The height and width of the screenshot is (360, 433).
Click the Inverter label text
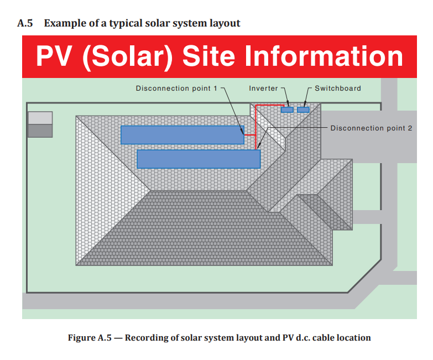coord(263,88)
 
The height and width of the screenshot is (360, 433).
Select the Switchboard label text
coord(337,88)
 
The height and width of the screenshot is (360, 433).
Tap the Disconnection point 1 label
coord(176,88)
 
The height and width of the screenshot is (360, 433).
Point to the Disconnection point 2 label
coord(371,128)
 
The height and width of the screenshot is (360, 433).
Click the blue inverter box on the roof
coord(287,109)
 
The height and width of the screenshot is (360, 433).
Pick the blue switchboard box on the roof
coord(303,109)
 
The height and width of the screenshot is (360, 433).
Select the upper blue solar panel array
coord(182,134)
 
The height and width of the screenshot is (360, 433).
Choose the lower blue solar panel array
coord(198,159)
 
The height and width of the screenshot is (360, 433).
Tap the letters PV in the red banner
coord(55,56)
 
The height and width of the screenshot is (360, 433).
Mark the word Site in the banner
coord(208,56)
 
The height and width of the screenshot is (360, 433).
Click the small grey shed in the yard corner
coord(40,124)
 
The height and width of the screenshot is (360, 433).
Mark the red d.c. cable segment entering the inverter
coord(271,106)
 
